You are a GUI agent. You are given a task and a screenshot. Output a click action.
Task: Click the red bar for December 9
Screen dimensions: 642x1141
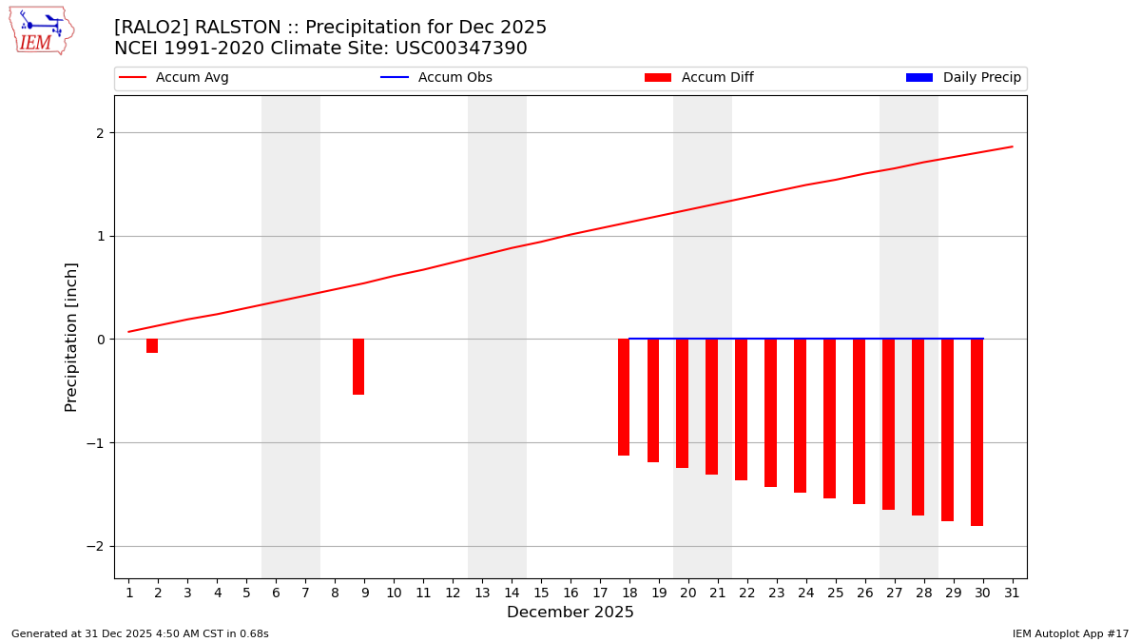[358, 366]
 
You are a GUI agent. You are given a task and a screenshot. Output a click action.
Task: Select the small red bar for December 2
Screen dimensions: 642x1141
[152, 345]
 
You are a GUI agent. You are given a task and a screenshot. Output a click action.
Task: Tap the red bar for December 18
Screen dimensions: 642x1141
[624, 397]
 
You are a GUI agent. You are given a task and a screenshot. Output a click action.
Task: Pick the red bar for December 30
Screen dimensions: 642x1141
[977, 432]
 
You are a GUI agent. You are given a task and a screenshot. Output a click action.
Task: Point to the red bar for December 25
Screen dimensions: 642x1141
[829, 418]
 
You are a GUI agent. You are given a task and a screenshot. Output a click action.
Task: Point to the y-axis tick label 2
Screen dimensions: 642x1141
[99, 133]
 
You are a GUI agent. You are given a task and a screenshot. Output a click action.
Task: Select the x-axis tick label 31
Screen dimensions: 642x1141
[1012, 593]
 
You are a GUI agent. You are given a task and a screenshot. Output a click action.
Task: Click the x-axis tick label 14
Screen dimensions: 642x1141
[512, 593]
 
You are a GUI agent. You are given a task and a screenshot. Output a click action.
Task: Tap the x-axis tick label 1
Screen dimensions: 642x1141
[129, 593]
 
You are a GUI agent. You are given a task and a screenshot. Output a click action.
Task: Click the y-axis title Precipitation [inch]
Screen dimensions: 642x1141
[71, 337]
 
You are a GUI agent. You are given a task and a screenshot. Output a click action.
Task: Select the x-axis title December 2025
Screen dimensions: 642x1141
[570, 613]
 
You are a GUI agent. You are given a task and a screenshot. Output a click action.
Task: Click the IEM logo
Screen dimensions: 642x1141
[41, 30]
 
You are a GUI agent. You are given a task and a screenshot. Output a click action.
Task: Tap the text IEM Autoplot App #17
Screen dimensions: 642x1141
[1071, 633]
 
